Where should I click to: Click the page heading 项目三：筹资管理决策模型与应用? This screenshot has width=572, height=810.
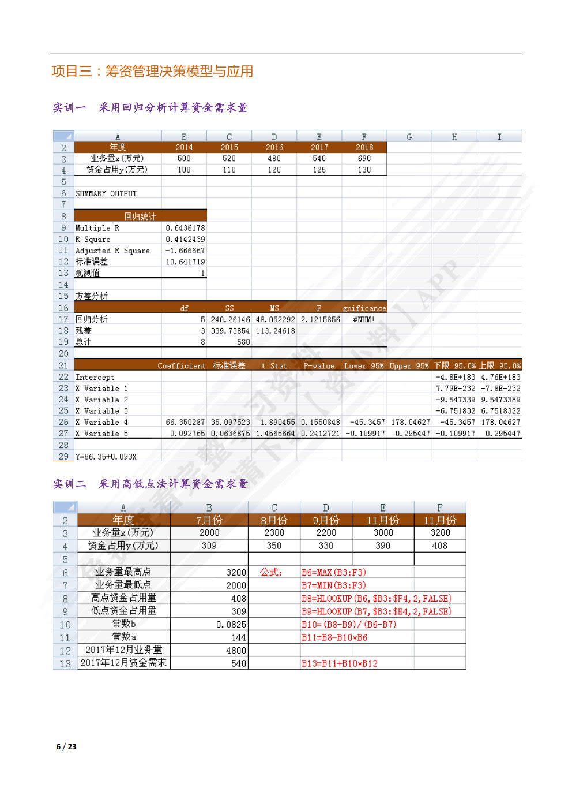coord(152,72)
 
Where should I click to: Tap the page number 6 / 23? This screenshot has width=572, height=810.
coord(66,746)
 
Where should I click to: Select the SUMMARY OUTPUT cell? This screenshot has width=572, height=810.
coord(106,193)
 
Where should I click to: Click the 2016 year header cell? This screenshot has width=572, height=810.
coord(274,147)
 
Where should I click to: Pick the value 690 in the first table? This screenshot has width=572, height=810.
coord(364,159)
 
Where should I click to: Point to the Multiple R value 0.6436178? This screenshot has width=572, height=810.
coord(185,228)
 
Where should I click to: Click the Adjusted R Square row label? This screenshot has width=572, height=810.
coord(112,251)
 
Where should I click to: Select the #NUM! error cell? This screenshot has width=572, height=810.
coord(364,319)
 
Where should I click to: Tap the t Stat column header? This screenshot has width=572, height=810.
coord(274,365)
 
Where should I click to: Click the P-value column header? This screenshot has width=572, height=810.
coord(319,365)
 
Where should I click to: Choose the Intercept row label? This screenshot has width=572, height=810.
coord(95,377)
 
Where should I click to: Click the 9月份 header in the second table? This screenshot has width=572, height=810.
coord(326,520)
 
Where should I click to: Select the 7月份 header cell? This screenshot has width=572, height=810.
coord(209,520)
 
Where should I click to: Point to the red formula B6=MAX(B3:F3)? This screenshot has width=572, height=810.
coord(334,572)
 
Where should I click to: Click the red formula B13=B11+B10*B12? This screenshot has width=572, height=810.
coord(340,663)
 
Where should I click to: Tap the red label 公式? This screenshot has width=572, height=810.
coord(271,572)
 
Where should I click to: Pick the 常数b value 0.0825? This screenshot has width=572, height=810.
coord(231,624)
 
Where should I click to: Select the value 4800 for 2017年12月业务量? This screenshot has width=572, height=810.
coord(236,650)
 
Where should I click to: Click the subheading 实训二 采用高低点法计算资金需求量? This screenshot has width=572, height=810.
coord(150,484)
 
